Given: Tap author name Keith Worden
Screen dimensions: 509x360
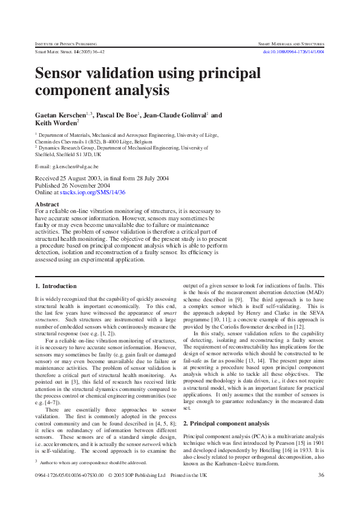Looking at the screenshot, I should click(56, 123).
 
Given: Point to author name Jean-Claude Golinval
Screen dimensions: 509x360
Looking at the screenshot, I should click(177, 115).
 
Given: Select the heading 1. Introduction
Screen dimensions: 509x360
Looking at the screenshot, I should click(55, 285).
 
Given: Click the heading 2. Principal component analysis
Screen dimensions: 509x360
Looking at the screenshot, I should click(227, 407).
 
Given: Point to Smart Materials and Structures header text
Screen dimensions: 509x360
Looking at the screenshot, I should click(291, 44).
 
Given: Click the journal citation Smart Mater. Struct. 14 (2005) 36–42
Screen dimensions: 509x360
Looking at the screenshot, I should click(64, 52).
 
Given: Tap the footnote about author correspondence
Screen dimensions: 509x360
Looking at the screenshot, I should click(93, 462).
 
